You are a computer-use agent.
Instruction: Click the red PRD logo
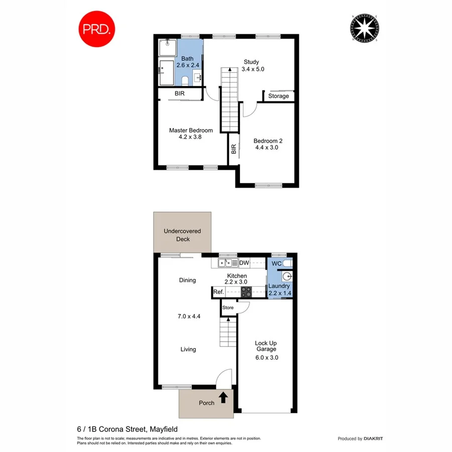tap(97, 29)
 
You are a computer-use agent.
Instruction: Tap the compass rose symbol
tap(364, 29)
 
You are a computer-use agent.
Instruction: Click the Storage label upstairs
tap(278, 96)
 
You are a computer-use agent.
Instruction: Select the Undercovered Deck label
tap(182, 235)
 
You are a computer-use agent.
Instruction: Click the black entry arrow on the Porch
tap(223, 398)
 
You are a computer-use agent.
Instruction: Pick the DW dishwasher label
tap(244, 263)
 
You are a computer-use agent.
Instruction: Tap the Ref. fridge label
tap(218, 292)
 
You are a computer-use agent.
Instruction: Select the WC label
tap(276, 263)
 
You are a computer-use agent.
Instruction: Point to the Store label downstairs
tap(229, 307)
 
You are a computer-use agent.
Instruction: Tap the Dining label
tap(187, 280)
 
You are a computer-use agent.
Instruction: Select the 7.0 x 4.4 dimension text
tap(189, 316)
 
